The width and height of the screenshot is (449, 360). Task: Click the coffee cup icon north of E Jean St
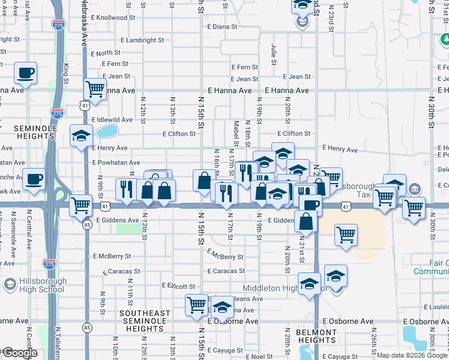coord(25,73)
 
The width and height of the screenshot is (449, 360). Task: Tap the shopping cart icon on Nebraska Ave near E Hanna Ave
coord(95,89)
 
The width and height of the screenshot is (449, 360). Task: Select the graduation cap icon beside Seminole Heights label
coord(80,136)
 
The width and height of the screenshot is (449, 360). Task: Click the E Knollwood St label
coord(110,17)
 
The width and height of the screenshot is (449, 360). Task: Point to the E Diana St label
coord(223,27)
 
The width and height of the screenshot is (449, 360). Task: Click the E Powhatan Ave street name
coord(116,163)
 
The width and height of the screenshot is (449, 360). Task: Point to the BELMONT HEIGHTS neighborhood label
coord(316,336)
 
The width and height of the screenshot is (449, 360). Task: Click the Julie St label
coord(274,54)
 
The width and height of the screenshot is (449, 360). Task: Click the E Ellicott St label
coord(179,286)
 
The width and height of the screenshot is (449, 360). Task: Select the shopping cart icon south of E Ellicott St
coord(196,304)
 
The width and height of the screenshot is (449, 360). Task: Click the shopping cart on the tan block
coord(346,235)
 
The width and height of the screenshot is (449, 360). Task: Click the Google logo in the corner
coord(19,353)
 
